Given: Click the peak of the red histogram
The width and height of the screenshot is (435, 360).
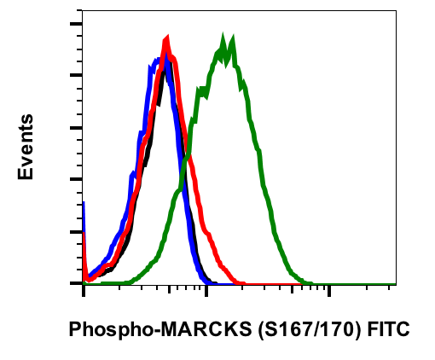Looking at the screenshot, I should pos(166,39).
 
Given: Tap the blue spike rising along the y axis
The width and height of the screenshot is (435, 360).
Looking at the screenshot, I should pos(84,213).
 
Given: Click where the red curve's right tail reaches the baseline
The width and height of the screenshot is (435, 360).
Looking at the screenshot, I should pos(242,282).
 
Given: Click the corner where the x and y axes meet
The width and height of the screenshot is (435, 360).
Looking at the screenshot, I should pos(84,283).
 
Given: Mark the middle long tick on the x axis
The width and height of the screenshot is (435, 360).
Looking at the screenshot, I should pos(206,291).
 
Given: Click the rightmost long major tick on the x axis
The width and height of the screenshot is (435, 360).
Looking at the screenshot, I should pos(328,291).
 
